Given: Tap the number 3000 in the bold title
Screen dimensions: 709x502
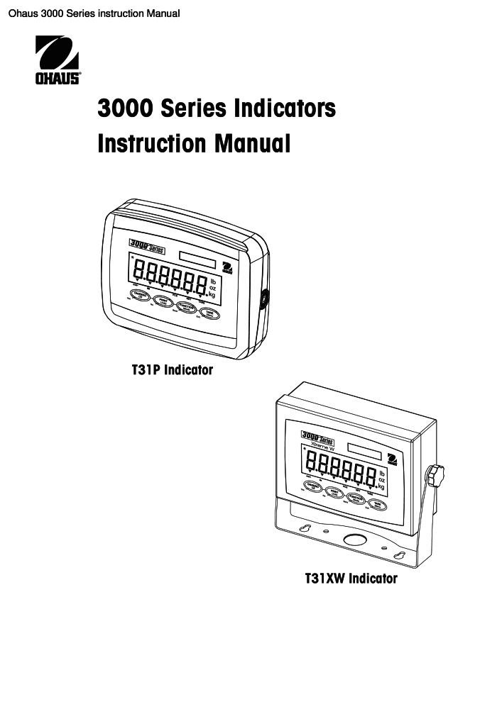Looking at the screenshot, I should [x=126, y=109].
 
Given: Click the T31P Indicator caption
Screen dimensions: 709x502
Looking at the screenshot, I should [x=173, y=369].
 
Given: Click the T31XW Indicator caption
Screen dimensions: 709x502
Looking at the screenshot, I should [x=351, y=579].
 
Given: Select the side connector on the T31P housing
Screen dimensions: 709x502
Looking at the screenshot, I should [x=264, y=300].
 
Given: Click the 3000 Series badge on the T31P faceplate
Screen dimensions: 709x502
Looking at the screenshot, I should [x=146, y=245].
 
